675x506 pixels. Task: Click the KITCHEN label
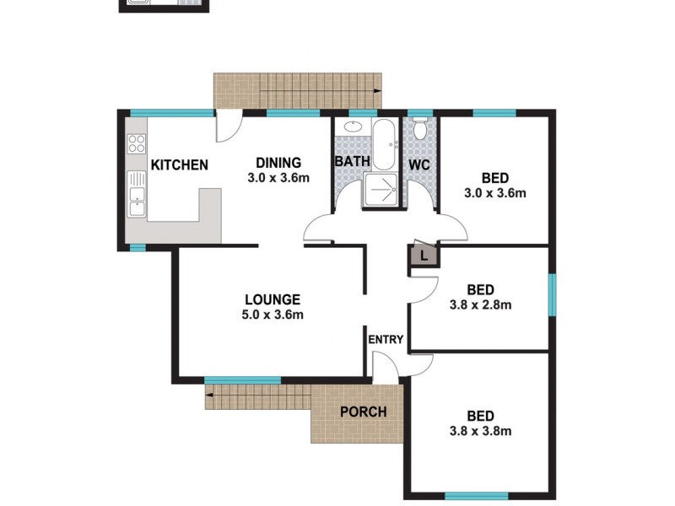pos(179,164)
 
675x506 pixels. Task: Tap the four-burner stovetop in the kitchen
pos(136,144)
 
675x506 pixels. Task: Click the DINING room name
pos(278,163)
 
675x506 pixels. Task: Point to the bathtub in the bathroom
pos(384,145)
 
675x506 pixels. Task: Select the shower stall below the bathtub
pos(382,192)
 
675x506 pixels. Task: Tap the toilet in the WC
pos(420,130)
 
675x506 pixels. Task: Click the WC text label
pos(419,164)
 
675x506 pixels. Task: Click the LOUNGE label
pos(273,299)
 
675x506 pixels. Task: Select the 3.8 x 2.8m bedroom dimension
pos(483,304)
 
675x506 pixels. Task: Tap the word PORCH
pos(363,412)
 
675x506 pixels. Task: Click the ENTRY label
pos(386,340)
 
